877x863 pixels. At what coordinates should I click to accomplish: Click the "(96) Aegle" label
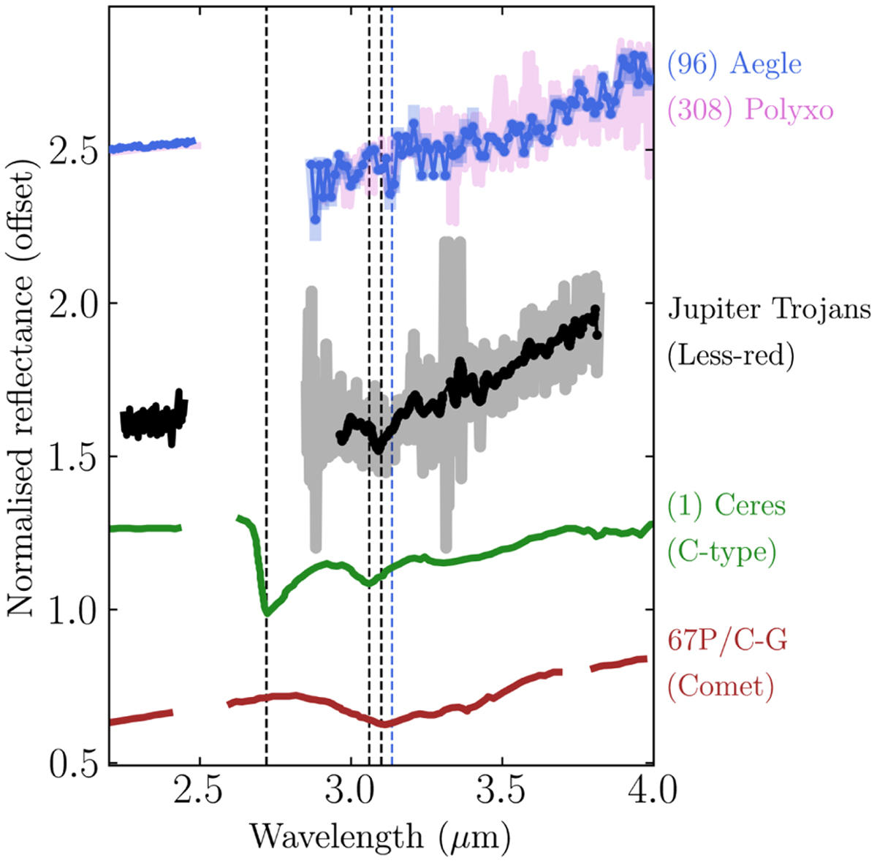734,64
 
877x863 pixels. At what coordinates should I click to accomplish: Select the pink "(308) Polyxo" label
750,110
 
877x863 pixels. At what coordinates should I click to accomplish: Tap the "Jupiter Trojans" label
769,310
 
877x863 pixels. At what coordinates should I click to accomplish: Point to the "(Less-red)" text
730,356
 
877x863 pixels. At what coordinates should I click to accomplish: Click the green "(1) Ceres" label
726,506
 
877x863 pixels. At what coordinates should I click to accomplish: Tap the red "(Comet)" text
721,687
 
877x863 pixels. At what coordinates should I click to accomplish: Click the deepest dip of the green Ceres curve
267,613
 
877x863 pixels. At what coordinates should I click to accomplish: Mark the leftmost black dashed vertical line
266,366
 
